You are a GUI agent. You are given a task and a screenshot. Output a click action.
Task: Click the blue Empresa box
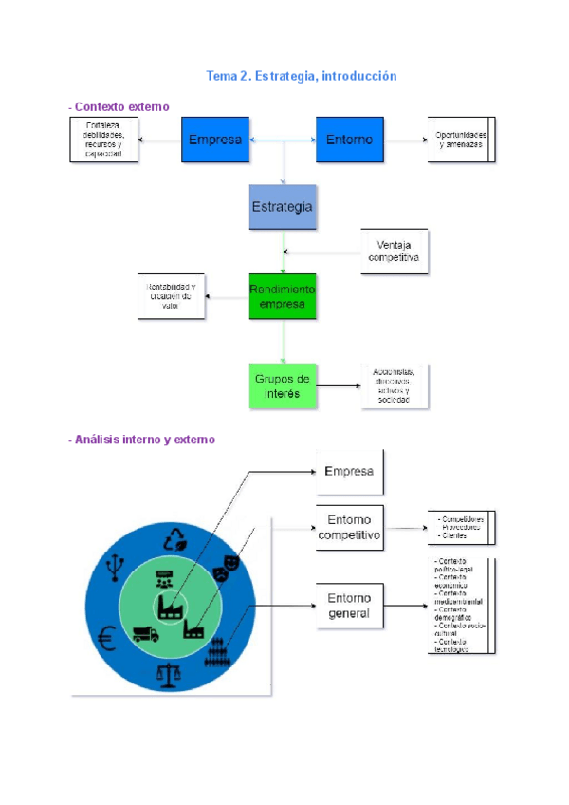215,140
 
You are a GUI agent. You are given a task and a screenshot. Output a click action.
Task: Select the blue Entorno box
350,140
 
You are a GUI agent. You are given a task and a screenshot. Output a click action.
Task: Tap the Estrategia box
282,207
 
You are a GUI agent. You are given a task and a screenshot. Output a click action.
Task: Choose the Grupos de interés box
282,385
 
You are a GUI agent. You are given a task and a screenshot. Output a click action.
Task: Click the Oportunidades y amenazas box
460,140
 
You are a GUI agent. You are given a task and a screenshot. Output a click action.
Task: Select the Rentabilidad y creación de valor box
171,296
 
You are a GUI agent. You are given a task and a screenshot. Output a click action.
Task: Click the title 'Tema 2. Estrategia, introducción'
302,76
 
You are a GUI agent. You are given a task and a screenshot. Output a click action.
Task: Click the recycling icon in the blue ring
176,539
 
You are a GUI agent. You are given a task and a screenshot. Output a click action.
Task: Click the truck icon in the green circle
145,633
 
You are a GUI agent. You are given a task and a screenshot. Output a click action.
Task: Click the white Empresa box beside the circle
349,472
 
